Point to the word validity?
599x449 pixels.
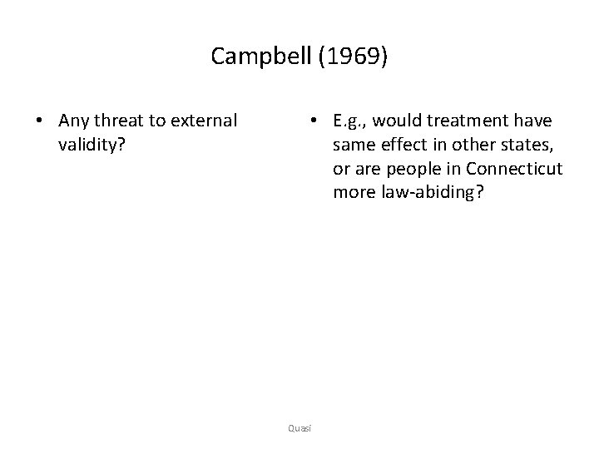pos(92,145)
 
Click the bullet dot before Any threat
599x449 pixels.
pos(40,121)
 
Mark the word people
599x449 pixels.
pos(409,169)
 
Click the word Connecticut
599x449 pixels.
pos(515,169)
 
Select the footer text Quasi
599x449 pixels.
pos(299,427)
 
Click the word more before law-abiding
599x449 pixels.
pos(353,193)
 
